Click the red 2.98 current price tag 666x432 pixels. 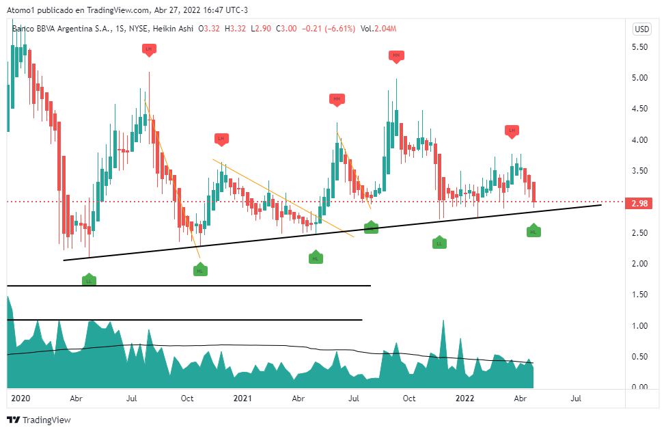pos(640,203)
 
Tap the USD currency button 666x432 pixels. pos(642,29)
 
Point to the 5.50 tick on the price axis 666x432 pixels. pos(639,46)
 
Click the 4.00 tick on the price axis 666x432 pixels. pos(639,139)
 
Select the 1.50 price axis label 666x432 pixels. pos(639,295)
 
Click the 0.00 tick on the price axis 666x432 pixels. pos(639,388)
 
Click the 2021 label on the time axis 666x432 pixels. pos(242,397)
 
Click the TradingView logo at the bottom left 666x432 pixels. pos(39,420)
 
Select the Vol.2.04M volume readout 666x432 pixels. pos(378,29)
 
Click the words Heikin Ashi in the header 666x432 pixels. pos(174,29)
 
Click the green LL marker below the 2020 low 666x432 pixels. pos(89,280)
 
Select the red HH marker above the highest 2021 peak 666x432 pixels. pos(396,55)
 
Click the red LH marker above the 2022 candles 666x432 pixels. pos(512,130)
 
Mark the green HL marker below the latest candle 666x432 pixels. pos(534,232)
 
